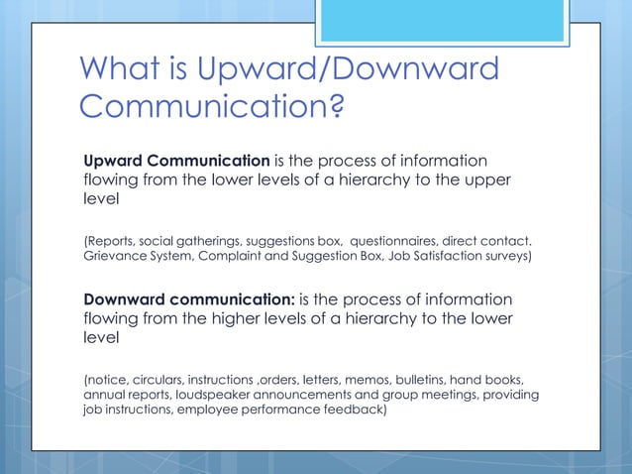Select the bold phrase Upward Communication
(x=175, y=161)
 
